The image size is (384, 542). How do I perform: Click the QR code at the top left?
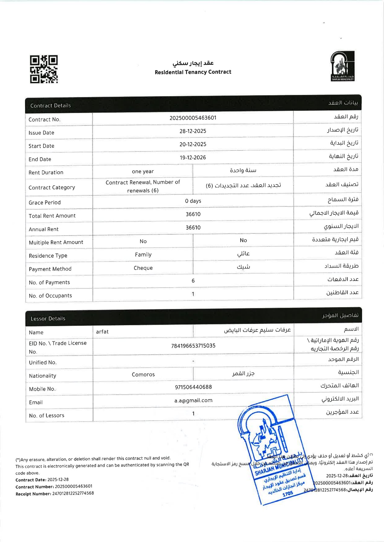[x=44, y=69]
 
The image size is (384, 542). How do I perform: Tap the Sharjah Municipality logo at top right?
[x=342, y=66]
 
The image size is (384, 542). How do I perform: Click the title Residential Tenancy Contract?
[x=193, y=72]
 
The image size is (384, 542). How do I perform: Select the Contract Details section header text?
[x=50, y=106]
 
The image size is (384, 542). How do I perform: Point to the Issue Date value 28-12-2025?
[x=193, y=131]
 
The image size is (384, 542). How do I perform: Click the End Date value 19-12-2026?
[x=193, y=158]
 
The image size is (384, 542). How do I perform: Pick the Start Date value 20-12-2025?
[x=193, y=144]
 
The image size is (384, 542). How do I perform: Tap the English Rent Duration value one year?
[x=143, y=172]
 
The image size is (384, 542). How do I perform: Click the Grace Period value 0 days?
[x=193, y=201]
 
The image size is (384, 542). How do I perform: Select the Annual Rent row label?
[x=43, y=229]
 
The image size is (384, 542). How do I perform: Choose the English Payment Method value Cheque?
[x=143, y=268]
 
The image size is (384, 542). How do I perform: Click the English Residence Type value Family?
[x=143, y=255]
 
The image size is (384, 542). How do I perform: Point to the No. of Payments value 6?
[x=193, y=281]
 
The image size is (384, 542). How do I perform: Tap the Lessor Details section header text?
[x=48, y=319]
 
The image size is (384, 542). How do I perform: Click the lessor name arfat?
[x=102, y=332]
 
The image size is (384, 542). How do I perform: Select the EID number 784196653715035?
[x=193, y=346]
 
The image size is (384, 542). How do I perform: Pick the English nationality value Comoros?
[x=143, y=375]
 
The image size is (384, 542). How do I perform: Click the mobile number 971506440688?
[x=193, y=387]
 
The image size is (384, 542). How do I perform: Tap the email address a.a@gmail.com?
[x=193, y=401]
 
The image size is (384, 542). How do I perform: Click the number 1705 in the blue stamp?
[x=287, y=493]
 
